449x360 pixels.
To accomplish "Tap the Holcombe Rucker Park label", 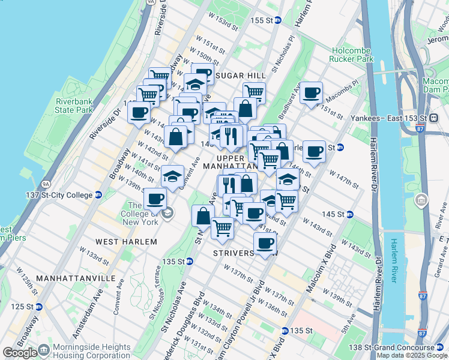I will tap(351, 55).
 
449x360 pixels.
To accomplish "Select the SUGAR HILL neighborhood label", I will tap(240, 75).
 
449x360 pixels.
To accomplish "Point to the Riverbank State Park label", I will tap(74, 106).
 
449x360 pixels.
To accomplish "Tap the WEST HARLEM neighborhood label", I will tap(126, 241).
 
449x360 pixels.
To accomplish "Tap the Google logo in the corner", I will tap(19, 353).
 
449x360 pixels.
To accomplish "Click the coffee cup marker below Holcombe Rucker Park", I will tap(311, 93).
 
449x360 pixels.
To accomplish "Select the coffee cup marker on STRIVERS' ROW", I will tap(265, 243).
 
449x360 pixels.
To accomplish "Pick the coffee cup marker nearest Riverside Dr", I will tap(139, 112).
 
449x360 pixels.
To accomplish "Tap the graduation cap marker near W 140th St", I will tap(172, 176).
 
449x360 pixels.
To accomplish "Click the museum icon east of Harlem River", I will tap(421, 199).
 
